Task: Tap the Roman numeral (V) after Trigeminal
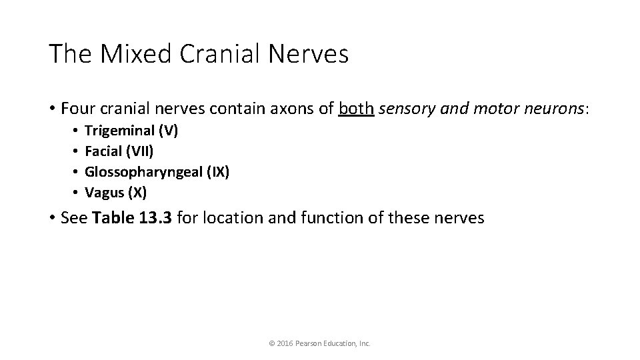coord(167,131)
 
